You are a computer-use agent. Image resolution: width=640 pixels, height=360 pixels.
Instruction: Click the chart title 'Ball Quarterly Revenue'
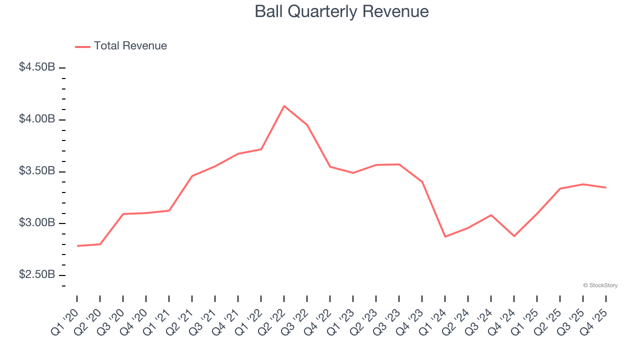tap(341, 11)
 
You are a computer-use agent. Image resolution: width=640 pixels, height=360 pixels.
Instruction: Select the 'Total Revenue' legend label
tap(130, 46)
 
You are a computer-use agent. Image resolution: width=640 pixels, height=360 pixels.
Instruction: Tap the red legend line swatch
tap(82, 46)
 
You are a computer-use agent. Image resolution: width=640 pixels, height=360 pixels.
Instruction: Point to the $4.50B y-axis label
tap(37, 67)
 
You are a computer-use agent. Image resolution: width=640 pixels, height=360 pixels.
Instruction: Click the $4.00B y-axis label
tap(37, 119)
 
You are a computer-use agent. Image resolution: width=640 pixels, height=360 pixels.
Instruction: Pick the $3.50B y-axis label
tap(37, 171)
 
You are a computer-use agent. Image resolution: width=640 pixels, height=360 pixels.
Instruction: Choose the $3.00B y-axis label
tap(37, 223)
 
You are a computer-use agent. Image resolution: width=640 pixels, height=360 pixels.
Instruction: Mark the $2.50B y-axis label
tap(37, 275)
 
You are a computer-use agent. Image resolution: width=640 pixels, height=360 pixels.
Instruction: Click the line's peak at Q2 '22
tap(284, 106)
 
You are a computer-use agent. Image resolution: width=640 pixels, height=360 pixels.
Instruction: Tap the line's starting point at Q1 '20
tap(77, 246)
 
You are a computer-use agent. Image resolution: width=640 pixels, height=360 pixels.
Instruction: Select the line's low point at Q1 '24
tap(445, 236)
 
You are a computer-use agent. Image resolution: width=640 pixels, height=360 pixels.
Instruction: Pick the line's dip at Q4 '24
tap(514, 236)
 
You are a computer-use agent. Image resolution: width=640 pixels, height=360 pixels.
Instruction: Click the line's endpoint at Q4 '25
tap(606, 187)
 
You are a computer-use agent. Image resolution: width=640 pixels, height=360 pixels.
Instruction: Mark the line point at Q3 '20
tap(123, 214)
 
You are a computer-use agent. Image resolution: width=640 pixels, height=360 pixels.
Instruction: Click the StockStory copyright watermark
tap(600, 285)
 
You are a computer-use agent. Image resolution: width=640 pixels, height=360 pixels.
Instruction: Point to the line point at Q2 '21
tap(192, 176)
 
